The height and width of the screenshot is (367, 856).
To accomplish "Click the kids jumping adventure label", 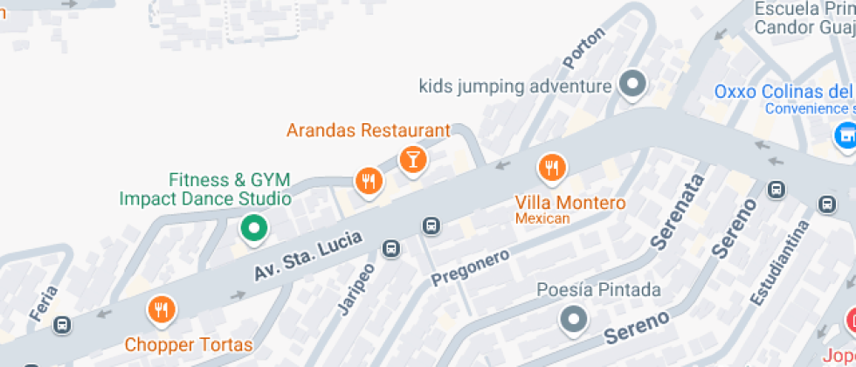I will pyautogui.click(x=514, y=87).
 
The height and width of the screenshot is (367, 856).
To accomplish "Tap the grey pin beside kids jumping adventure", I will pyautogui.click(x=632, y=85).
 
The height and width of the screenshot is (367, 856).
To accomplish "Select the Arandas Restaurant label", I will pyautogui.click(x=368, y=130).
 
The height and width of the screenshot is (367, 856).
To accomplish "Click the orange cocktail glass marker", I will pyautogui.click(x=412, y=159).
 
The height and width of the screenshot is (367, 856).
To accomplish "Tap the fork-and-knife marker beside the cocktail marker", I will pyautogui.click(x=369, y=181).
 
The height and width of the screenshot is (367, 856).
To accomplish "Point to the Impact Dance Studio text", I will pyautogui.click(x=204, y=198).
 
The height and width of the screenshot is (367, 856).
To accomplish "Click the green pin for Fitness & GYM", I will pyautogui.click(x=254, y=229).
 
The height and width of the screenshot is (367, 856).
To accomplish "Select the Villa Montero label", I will pyautogui.click(x=570, y=202).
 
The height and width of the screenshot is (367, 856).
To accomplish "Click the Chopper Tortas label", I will pyautogui.click(x=189, y=344).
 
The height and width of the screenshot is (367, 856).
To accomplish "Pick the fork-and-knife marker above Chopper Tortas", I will pyautogui.click(x=161, y=308).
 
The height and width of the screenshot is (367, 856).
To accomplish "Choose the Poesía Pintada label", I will pyautogui.click(x=598, y=289).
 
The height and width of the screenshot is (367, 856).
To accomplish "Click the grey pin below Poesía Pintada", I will pyautogui.click(x=573, y=319).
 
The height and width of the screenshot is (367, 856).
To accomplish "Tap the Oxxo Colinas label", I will pyautogui.click(x=783, y=92).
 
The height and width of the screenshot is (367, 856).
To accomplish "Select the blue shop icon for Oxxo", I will pyautogui.click(x=845, y=135).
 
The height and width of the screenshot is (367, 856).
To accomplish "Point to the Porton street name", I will pyautogui.click(x=583, y=49).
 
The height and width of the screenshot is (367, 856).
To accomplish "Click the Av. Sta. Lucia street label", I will pyautogui.click(x=297, y=254).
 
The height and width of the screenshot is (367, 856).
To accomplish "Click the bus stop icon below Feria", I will pyautogui.click(x=61, y=324).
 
